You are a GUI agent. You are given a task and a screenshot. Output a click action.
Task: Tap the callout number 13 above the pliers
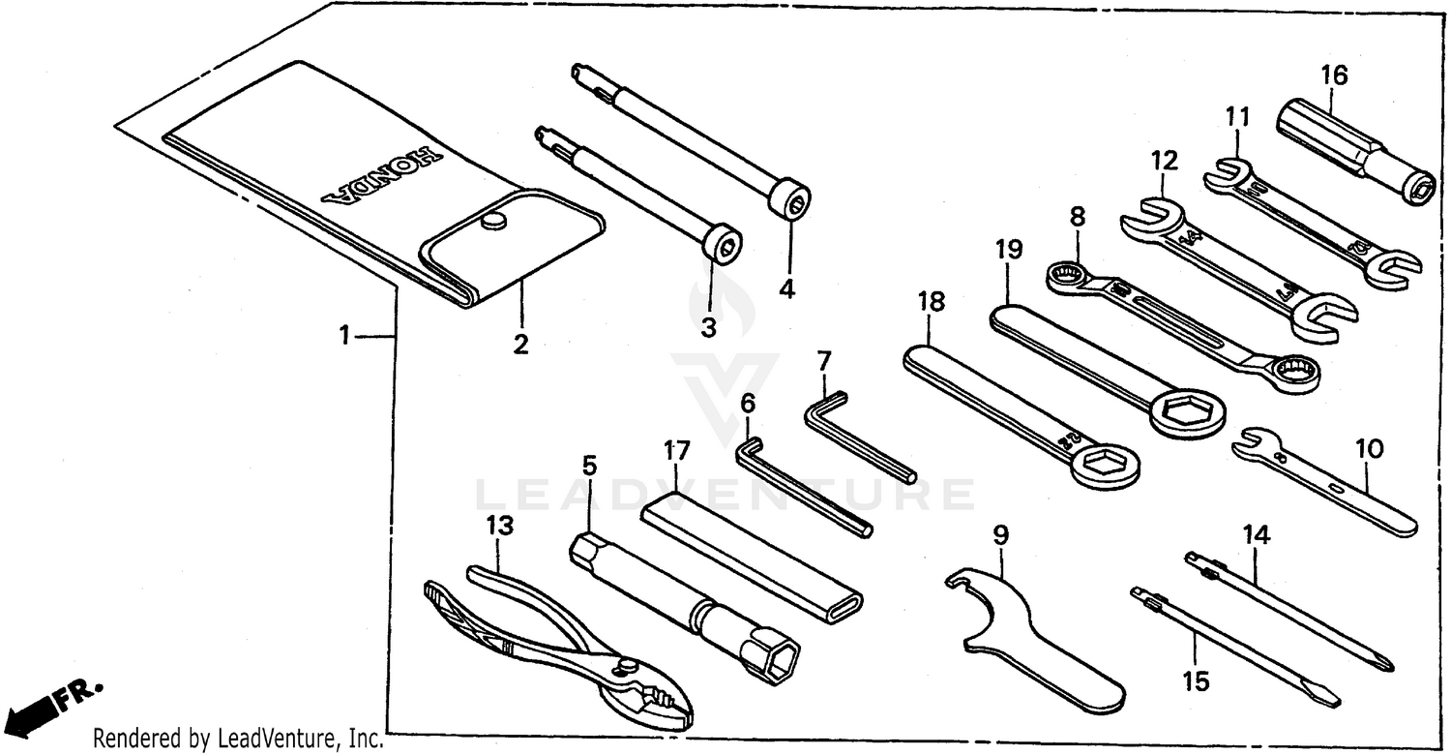click(x=499, y=526)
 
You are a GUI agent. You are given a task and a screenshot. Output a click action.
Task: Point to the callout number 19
click(x=1008, y=250)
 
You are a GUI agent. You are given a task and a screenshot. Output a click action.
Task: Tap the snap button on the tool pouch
click(x=493, y=223)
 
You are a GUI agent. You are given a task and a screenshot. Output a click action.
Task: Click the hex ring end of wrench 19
click(x=1188, y=411)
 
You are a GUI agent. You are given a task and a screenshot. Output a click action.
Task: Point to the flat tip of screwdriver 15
click(x=1327, y=696)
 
